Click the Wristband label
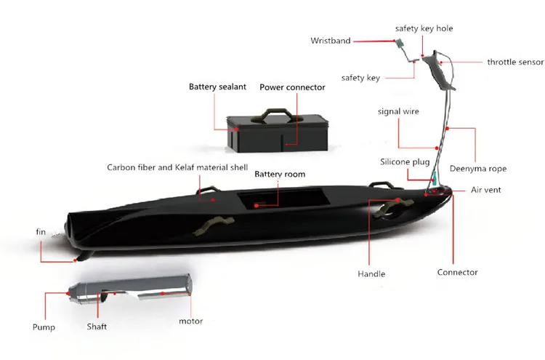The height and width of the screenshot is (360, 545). tap(331, 41)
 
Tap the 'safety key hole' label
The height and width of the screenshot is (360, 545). tap(424, 29)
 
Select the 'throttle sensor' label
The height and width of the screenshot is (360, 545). tap(515, 63)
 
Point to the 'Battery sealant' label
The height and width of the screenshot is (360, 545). tap(218, 87)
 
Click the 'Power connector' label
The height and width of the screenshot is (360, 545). tap(292, 87)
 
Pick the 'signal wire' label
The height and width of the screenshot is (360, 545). tap(397, 111)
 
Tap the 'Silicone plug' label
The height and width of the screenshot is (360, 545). tap(405, 161)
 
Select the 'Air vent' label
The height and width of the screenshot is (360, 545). tap(485, 190)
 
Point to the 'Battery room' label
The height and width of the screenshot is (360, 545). tap(280, 175)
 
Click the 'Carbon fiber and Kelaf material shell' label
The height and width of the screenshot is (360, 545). tap(177, 167)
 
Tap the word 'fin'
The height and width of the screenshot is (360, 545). tap(41, 232)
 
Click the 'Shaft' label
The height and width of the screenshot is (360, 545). tap(97, 327)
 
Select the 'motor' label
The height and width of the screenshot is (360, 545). tap(190, 321)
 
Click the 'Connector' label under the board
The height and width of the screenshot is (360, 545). tap(457, 273)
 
